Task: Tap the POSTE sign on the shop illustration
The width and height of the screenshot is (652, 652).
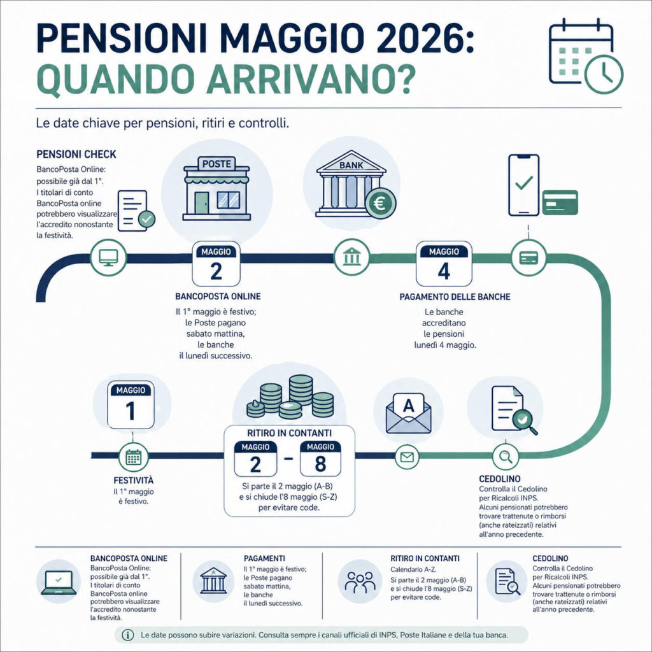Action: [216, 164]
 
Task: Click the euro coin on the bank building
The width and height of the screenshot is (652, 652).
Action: [380, 204]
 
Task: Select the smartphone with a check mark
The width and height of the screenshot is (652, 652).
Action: [523, 185]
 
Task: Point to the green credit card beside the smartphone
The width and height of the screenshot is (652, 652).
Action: [560, 202]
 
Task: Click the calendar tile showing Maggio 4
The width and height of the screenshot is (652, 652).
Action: [443, 263]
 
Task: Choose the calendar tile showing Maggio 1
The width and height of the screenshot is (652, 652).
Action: [131, 404]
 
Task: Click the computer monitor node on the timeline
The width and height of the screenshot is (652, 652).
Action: [108, 258]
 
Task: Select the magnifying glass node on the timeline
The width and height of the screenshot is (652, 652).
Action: [506, 456]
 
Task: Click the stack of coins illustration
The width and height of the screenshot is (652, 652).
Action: [290, 398]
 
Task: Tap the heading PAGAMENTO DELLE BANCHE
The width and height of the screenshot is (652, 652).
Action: [455, 297]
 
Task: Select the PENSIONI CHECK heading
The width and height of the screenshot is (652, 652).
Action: [76, 155]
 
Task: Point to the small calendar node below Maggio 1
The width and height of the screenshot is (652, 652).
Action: [133, 456]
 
